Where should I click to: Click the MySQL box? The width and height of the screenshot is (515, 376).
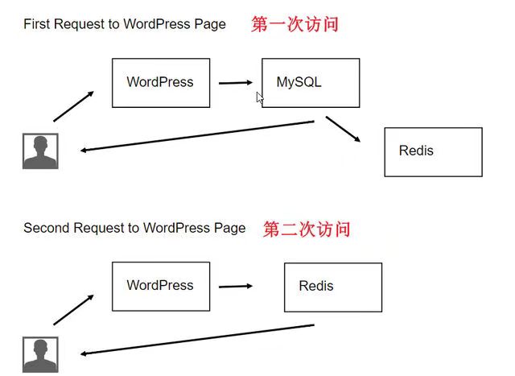(x=310, y=83)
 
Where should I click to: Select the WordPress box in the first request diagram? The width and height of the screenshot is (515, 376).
(x=160, y=83)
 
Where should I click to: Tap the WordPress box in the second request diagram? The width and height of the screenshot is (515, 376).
(x=160, y=286)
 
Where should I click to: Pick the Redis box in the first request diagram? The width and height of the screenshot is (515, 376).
(x=433, y=151)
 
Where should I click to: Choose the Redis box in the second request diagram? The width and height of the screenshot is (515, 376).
(x=332, y=287)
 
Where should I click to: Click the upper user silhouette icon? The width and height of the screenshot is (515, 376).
(x=40, y=151)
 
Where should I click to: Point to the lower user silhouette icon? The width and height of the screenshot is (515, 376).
(x=40, y=354)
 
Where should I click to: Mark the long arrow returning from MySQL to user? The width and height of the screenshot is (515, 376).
(x=197, y=136)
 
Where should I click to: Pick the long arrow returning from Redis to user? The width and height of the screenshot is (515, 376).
(x=197, y=339)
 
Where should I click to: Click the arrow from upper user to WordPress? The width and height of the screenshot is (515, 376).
(x=73, y=106)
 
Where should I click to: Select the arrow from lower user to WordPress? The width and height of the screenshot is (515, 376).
(x=73, y=310)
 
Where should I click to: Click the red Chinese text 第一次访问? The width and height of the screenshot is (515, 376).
(x=295, y=24)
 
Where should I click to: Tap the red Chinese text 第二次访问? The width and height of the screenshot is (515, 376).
(x=307, y=229)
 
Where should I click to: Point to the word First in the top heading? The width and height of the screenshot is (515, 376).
(x=36, y=24)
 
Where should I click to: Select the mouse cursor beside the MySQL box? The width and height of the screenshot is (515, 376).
(x=260, y=98)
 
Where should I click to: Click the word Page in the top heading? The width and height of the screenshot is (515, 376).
(x=210, y=24)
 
